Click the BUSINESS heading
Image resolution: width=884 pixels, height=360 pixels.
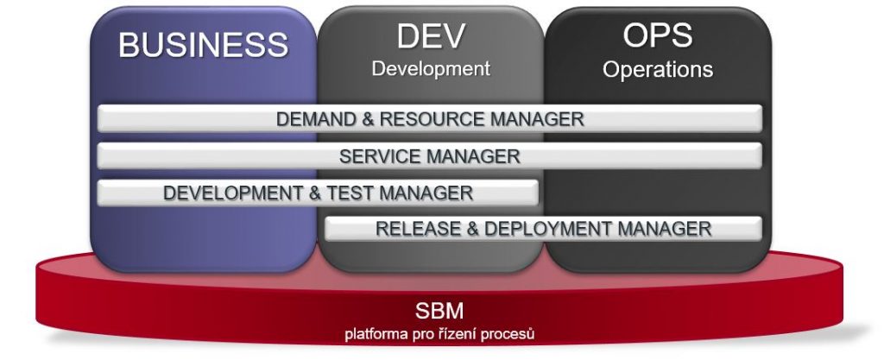[x=203, y=45]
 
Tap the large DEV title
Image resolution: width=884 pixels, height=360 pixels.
[x=432, y=35]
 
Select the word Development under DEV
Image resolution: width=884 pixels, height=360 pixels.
[x=431, y=69]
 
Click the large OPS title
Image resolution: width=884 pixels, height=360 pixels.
[x=657, y=35]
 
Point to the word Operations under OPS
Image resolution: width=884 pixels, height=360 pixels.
[x=657, y=70]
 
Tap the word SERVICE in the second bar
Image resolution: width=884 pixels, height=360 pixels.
[x=380, y=156]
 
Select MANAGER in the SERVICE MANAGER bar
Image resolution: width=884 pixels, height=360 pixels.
[x=472, y=156]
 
